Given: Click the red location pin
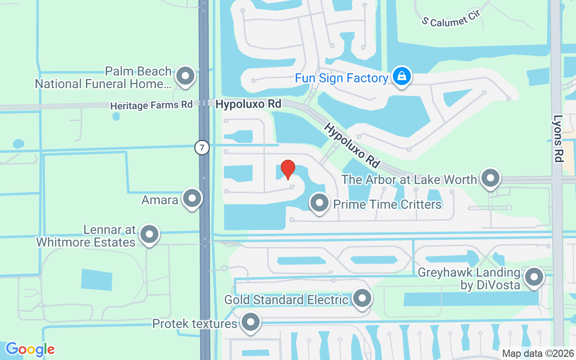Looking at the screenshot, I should (288, 169).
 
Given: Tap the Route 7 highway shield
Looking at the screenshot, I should (202, 147).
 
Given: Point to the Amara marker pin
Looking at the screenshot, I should (192, 198).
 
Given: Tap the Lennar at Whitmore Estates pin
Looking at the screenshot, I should (149, 234).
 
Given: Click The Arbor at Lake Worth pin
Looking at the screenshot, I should (490, 178).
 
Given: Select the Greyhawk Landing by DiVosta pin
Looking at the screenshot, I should (534, 277).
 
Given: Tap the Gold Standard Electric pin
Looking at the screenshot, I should (362, 298).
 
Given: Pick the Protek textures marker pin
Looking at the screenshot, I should (251, 322).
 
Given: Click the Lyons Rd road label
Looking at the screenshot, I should (558, 139).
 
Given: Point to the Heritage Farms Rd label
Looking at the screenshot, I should (151, 105).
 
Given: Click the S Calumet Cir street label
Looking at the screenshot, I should (451, 18).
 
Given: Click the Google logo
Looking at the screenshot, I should (30, 349).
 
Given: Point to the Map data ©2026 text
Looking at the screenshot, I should (537, 353).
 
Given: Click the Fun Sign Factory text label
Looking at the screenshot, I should (342, 78).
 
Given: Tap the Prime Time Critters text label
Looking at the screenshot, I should (387, 205).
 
